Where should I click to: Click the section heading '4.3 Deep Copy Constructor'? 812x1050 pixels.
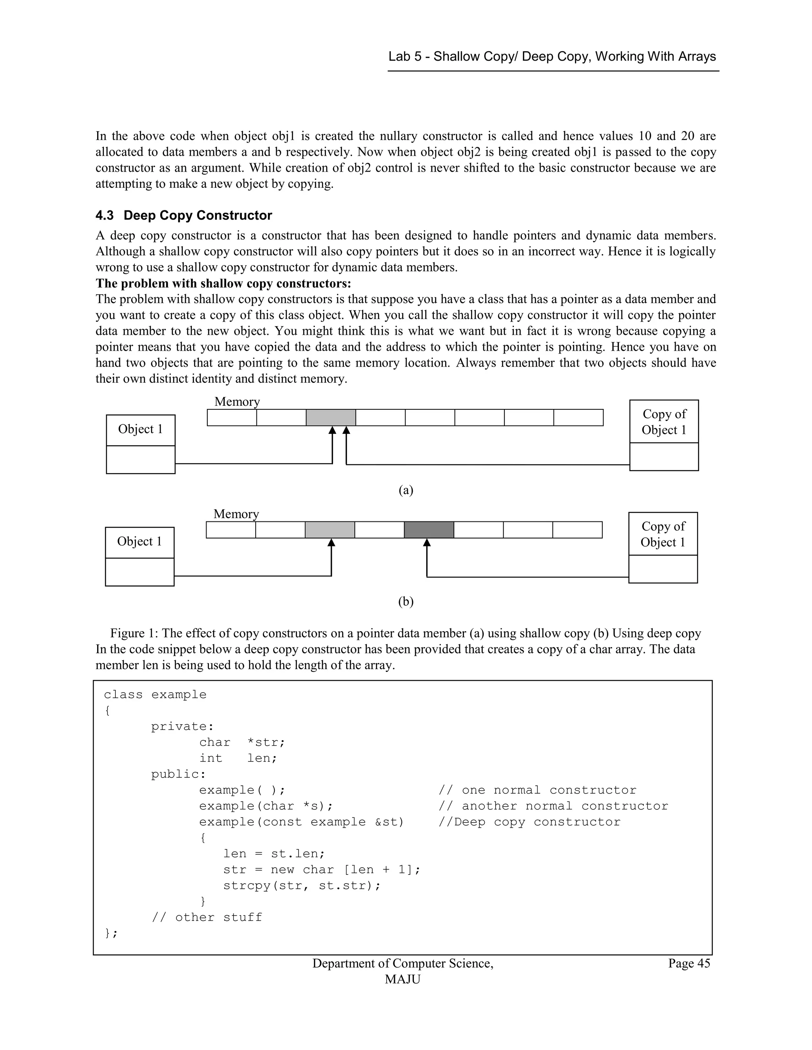(x=183, y=216)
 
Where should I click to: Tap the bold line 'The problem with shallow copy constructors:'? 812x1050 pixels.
(x=223, y=283)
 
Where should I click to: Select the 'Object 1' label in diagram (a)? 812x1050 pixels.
(x=140, y=430)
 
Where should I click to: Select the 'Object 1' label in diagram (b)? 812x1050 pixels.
(x=140, y=542)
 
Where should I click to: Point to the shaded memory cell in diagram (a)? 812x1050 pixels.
(x=331, y=417)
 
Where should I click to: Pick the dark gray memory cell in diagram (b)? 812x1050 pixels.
(x=429, y=530)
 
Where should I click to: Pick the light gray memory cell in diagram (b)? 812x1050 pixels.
(x=329, y=530)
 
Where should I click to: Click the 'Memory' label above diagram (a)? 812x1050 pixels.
(x=237, y=401)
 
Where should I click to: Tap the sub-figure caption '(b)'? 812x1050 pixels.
(x=406, y=601)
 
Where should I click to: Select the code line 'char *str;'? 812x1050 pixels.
(x=242, y=742)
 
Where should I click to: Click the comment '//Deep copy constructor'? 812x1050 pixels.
(x=529, y=822)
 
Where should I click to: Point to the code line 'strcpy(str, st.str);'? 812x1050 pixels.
(x=302, y=886)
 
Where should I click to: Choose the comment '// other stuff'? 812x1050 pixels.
(x=207, y=917)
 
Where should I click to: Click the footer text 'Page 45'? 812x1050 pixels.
(x=688, y=964)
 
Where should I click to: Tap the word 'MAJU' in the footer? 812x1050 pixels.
(x=403, y=979)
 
